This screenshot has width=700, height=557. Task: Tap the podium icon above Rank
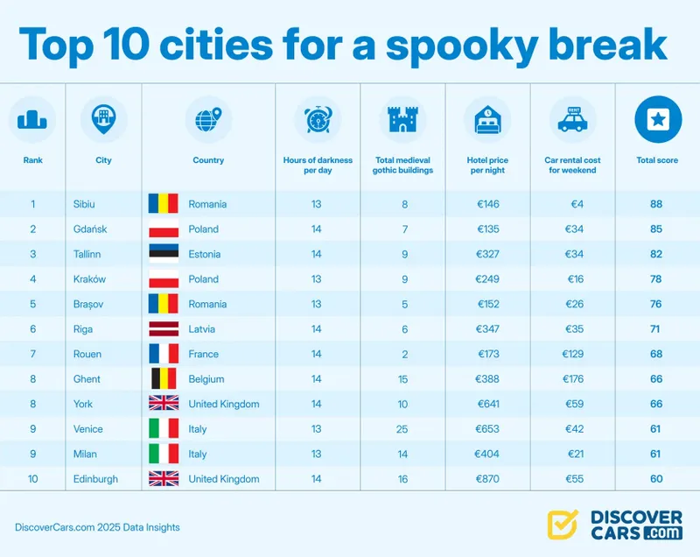coord(33,119)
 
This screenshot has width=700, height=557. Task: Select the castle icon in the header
coord(402,119)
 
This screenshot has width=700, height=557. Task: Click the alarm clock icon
coord(317,119)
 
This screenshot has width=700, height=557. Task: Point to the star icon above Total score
coord(656,119)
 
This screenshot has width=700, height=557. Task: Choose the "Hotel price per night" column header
coord(487,166)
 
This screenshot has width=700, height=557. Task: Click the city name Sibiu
coord(85,204)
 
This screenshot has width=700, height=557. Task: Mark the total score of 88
coord(656,204)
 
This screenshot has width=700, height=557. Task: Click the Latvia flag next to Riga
coord(164,329)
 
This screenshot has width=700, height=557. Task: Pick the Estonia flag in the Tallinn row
coord(164,254)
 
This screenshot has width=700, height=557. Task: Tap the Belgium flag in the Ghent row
coord(164,379)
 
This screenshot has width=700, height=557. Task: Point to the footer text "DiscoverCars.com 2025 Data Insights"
coord(97,527)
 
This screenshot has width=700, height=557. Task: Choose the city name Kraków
coord(89,279)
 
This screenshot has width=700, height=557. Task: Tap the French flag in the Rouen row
coord(164,355)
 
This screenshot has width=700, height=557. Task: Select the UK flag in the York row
coord(164,405)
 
